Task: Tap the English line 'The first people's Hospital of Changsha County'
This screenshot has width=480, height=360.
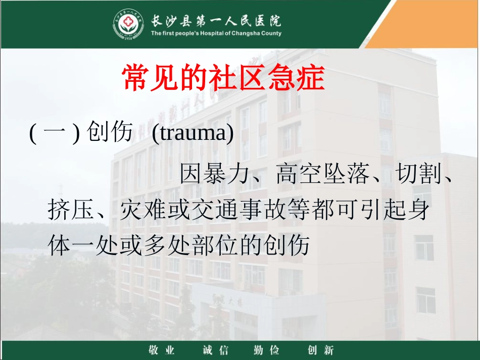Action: tap(216, 34)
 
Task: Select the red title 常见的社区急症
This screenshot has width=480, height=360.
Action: tap(223, 78)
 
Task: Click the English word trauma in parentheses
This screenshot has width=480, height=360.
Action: tap(193, 134)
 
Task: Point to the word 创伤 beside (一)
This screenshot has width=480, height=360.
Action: tap(110, 134)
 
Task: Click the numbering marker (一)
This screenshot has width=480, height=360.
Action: tap(55, 134)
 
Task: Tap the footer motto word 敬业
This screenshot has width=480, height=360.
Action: tap(162, 349)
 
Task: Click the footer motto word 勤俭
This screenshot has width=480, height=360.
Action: tap(266, 349)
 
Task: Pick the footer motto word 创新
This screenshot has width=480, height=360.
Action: tap(320, 349)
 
